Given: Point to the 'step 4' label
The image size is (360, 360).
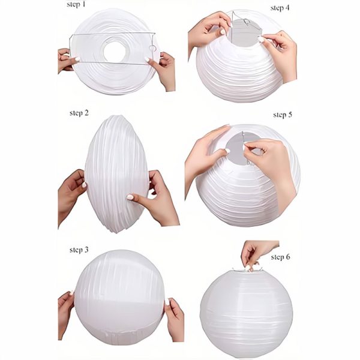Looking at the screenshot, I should [x=280, y=8].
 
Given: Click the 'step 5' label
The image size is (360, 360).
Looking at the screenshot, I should [x=282, y=115].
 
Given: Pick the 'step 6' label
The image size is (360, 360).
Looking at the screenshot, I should [x=280, y=257].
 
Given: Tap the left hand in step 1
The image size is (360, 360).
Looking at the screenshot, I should [x=68, y=61].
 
